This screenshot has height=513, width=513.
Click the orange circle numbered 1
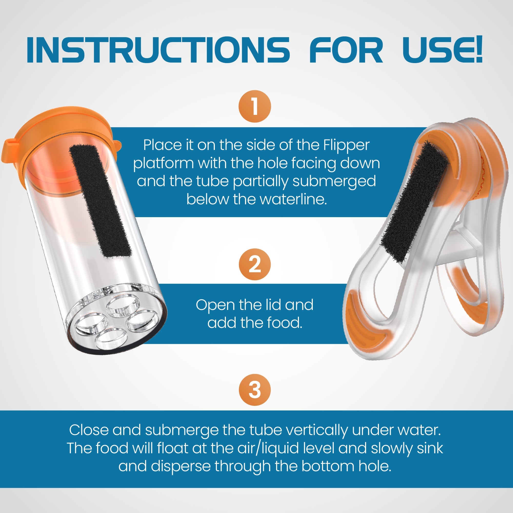pyautogui.click(x=255, y=106)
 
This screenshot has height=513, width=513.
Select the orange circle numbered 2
pyautogui.click(x=255, y=264)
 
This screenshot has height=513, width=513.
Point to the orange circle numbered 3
pyautogui.click(x=255, y=390)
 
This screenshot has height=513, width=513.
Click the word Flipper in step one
pyautogui.click(x=346, y=145)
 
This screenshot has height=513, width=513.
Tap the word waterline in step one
pyautogui.click(x=293, y=199)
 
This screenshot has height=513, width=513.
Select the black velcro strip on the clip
pyautogui.click(x=414, y=202)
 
